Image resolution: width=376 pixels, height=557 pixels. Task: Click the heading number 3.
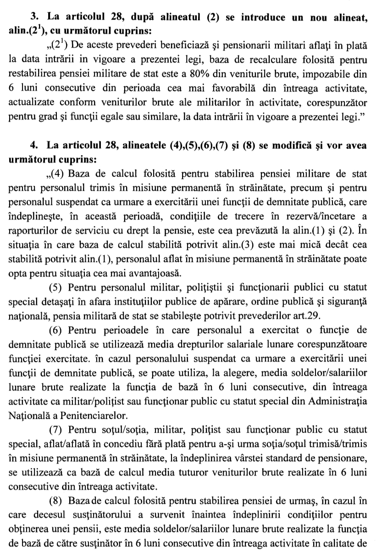(33, 18)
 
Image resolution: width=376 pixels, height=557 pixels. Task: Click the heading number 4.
(33, 145)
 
